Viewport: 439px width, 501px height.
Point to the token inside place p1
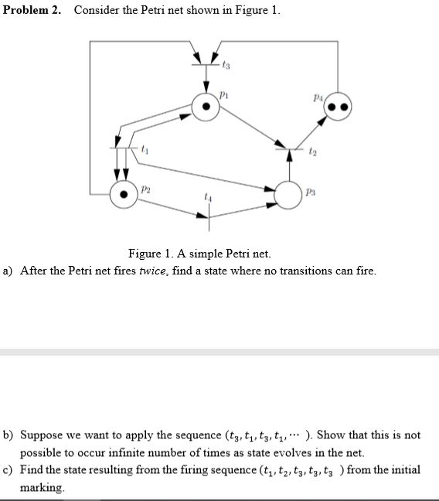[x=205, y=107]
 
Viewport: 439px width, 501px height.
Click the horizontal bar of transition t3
[x=206, y=66]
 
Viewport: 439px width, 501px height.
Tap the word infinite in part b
[x=143, y=452]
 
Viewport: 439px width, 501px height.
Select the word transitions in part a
[x=294, y=270]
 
